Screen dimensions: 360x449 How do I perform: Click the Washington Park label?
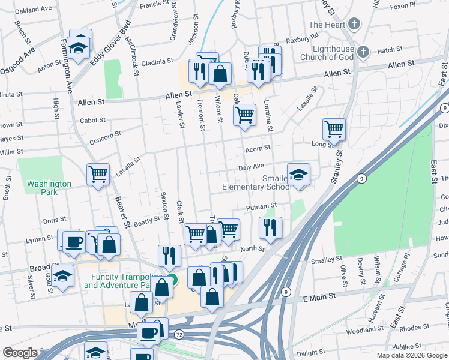point(49,188)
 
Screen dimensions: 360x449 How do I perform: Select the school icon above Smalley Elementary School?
point(298,175)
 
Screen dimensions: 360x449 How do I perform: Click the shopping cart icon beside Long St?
point(334,129)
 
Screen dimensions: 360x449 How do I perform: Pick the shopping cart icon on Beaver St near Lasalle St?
point(98,175)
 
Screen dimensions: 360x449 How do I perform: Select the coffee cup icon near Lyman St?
point(74,242)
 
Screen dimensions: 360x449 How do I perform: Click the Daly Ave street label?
point(251,166)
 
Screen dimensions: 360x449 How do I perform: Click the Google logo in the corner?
point(20,353)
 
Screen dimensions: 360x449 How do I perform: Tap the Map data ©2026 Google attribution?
point(412,355)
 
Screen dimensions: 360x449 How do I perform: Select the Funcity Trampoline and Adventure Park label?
point(123,281)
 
